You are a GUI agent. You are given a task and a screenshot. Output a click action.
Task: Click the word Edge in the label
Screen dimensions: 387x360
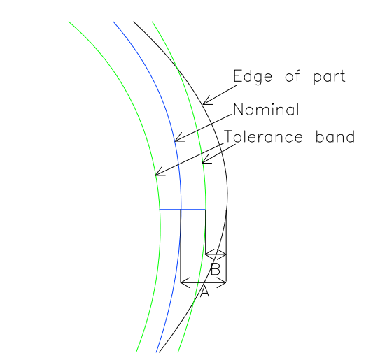(253, 77)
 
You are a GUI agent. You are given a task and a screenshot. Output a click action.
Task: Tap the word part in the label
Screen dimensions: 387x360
(329, 77)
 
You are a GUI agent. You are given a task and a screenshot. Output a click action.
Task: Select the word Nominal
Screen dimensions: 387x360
(267, 110)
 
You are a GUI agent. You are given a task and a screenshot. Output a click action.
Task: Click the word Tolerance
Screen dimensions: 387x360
(263, 136)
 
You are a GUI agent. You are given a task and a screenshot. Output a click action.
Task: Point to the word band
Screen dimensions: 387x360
(335, 136)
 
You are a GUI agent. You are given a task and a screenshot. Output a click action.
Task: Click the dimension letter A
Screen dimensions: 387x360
(204, 292)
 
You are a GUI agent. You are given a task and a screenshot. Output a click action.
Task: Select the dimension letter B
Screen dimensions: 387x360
(216, 269)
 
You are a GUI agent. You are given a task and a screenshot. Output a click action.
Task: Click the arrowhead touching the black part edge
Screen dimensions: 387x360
(208, 101)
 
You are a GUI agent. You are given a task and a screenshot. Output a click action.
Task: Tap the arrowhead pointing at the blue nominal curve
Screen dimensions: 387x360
(180, 137)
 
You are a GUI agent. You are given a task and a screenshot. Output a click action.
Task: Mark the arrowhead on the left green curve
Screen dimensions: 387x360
(160, 172)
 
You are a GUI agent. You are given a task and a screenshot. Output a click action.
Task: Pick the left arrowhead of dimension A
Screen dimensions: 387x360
(185, 282)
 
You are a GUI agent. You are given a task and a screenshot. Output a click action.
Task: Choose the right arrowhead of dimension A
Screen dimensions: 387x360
(221, 282)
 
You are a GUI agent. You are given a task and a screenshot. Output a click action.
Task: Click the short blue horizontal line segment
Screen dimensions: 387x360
(183, 210)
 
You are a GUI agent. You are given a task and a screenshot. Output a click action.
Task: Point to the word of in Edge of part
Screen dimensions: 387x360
(293, 76)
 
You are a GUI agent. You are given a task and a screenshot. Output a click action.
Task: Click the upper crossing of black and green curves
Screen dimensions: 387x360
(177, 66)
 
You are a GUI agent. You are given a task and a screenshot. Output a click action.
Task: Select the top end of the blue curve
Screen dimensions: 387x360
(113, 22)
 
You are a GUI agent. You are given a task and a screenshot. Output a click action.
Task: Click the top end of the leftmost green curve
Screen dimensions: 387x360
(69, 22)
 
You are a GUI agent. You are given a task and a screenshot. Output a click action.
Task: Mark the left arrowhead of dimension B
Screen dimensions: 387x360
(209, 254)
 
